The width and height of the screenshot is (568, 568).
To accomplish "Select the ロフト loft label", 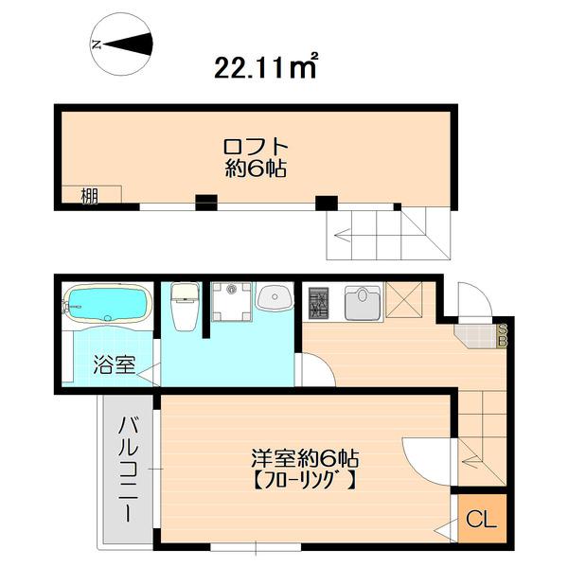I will [x=255, y=148].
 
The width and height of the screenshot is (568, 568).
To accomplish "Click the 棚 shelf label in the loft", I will [x=89, y=197].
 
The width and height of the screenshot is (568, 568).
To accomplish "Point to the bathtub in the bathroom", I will [x=107, y=304].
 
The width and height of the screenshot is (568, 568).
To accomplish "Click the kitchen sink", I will [x=363, y=303].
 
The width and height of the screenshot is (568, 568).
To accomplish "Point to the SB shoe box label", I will [x=503, y=334].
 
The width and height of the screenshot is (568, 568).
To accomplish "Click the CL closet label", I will [x=481, y=520].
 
